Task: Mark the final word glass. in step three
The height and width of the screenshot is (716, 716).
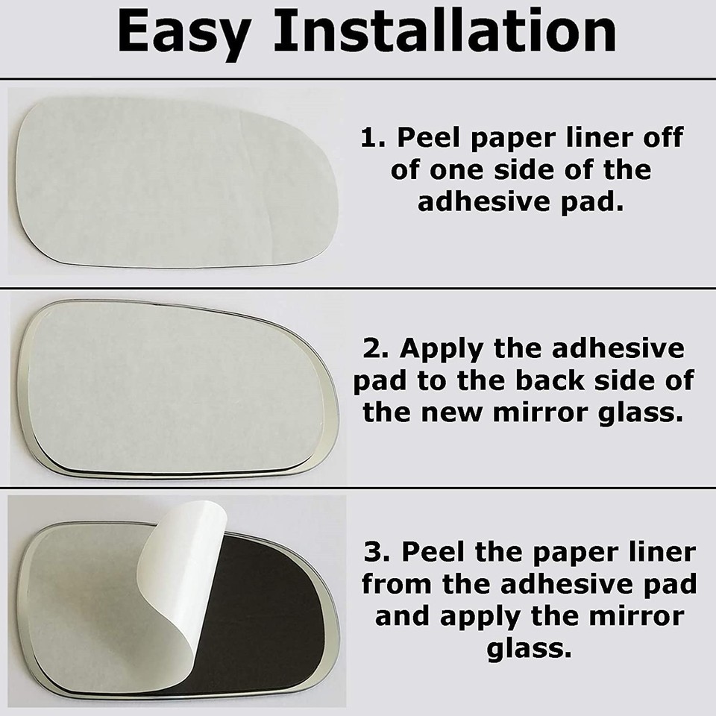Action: [529, 649]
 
